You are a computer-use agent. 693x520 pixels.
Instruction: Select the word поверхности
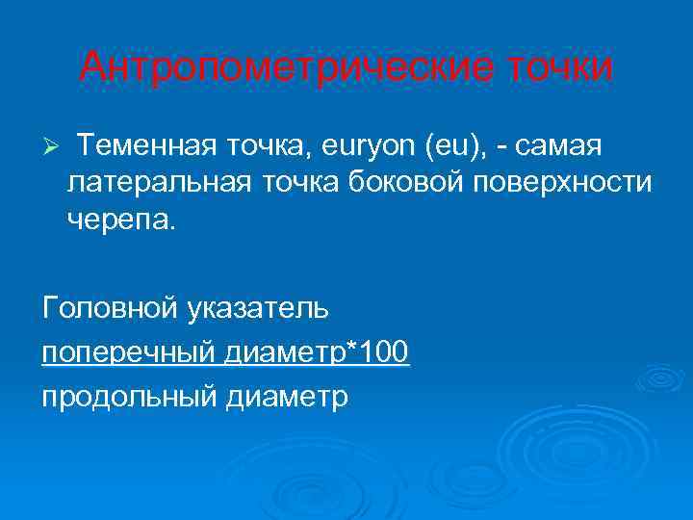click(543, 183)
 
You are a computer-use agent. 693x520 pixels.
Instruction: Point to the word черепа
click(121, 219)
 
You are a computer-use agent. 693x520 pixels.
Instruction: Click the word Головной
click(106, 308)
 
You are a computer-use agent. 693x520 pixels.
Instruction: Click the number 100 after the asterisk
click(384, 351)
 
